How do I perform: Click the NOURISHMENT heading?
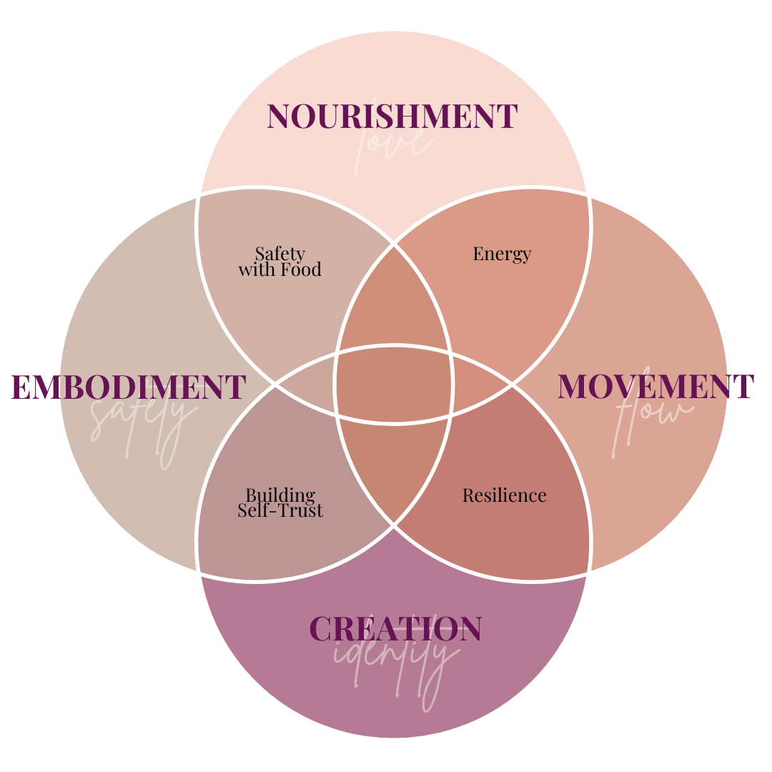(x=392, y=117)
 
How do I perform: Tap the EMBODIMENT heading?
(x=129, y=387)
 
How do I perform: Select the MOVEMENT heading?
(x=655, y=387)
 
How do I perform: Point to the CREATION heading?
(x=395, y=629)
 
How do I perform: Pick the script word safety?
(x=143, y=422)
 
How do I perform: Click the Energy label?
(x=502, y=254)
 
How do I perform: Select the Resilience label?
(x=504, y=495)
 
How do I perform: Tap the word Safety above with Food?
(x=280, y=254)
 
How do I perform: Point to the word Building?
(x=280, y=495)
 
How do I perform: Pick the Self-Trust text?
(x=280, y=510)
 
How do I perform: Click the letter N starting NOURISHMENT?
(x=278, y=117)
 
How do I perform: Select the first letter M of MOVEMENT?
(x=573, y=387)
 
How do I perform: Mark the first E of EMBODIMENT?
(x=21, y=387)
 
